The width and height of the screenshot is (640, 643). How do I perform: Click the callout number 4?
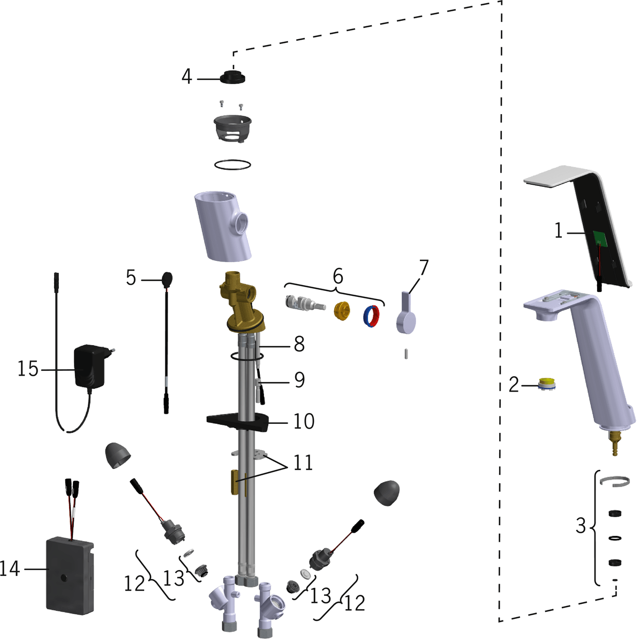tap(187, 77)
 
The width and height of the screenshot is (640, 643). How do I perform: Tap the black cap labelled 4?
tap(232, 77)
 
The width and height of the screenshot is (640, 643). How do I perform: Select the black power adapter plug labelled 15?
tap(92, 367)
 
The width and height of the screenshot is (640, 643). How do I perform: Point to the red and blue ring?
tap(371, 316)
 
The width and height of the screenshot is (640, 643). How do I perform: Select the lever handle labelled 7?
tap(406, 312)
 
